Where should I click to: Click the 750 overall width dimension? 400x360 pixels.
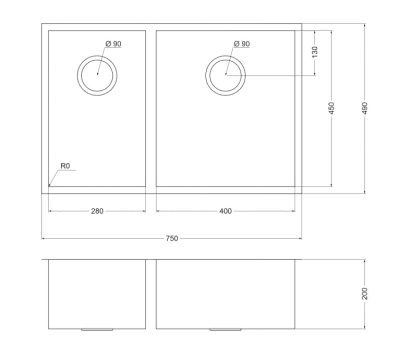click(x=172, y=238)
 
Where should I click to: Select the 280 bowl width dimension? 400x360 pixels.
click(x=97, y=211)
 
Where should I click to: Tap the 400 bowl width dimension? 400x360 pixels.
click(x=226, y=211)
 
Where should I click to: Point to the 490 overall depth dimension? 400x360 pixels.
click(x=364, y=108)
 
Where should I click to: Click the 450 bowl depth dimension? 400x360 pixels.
click(x=331, y=108)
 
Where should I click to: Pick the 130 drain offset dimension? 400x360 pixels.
click(x=315, y=52)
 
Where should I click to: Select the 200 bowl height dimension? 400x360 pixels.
click(x=364, y=293)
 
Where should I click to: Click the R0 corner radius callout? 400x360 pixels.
click(x=65, y=166)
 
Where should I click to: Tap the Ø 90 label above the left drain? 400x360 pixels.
click(x=113, y=44)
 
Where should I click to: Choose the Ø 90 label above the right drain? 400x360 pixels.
click(x=242, y=44)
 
